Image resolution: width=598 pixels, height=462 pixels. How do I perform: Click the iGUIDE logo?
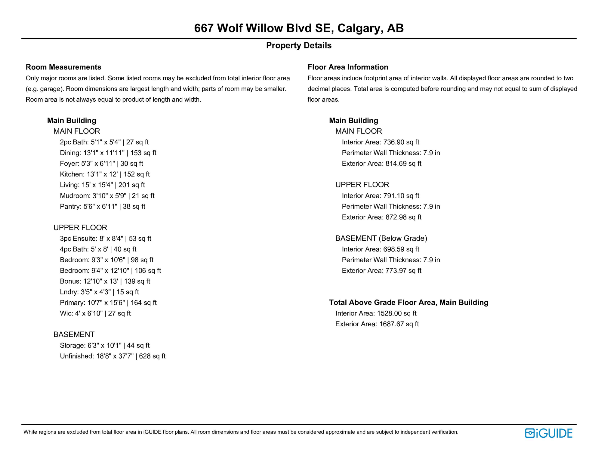point(548,433)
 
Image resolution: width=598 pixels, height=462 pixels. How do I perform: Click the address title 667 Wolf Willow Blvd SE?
point(299,28)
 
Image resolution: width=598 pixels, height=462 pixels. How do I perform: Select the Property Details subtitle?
point(299,45)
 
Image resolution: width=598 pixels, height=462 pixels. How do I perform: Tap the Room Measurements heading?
point(63,67)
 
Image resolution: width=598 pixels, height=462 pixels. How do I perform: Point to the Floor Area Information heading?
point(348,67)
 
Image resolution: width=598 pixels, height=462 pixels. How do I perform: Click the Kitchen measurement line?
point(105,174)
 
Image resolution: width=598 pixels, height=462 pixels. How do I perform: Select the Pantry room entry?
point(102,206)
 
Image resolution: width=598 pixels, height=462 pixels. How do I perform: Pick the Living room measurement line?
point(102,185)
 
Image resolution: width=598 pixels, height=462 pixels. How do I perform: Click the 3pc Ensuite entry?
point(105,239)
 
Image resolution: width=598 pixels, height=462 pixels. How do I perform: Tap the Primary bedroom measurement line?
point(108,303)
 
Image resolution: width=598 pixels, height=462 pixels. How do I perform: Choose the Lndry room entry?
point(99,292)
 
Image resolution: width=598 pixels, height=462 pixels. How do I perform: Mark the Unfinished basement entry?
point(113,356)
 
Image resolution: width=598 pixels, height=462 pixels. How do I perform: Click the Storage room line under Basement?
point(105,345)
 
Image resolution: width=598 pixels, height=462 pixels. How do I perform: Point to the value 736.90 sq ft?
point(401,142)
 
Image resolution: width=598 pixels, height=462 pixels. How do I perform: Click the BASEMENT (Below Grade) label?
point(381,238)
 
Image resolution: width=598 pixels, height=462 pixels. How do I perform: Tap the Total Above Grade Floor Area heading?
point(408,302)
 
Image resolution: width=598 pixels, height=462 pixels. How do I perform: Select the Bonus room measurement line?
point(105,281)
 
